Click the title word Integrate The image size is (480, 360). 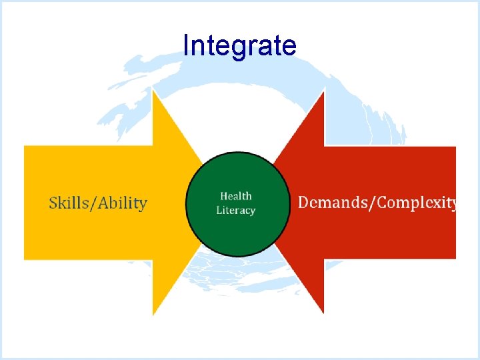[x=239, y=47]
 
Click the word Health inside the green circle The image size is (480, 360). [x=236, y=196]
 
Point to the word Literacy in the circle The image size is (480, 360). [x=236, y=211]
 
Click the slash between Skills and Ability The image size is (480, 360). [x=94, y=203]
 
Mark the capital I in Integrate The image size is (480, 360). [x=186, y=46]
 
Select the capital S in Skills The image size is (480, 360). [x=54, y=203]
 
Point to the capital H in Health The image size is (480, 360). [x=224, y=196]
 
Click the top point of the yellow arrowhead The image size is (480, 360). [x=153, y=90]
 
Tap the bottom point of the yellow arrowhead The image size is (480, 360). [x=153, y=315]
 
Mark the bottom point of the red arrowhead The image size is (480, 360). [x=325, y=315]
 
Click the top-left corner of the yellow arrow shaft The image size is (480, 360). [x=25, y=146]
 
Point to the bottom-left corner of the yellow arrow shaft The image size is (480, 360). [x=25, y=259]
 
